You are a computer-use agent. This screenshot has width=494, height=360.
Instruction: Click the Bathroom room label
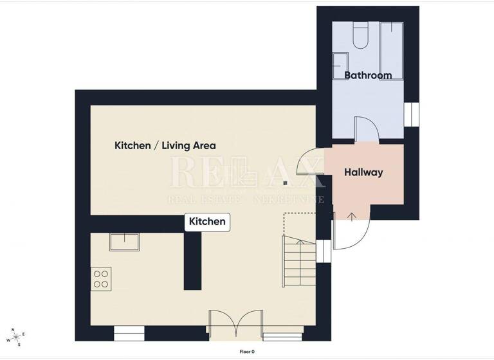(368, 75)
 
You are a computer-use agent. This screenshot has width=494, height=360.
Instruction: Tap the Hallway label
(363, 172)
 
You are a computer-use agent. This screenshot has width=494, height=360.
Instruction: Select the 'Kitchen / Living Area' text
(165, 145)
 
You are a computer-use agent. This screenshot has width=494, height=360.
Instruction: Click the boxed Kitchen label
(207, 222)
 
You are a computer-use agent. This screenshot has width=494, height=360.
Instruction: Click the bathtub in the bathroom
(390, 50)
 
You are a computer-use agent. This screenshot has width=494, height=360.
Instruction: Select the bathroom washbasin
(338, 64)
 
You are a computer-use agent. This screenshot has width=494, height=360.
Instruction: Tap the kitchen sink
(125, 242)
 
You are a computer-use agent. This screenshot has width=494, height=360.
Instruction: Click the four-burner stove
(101, 279)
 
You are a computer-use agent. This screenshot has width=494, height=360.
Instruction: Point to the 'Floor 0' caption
(247, 352)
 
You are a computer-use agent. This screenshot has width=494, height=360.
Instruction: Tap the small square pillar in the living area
(285, 183)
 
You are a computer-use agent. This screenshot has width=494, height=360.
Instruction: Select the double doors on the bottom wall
(235, 324)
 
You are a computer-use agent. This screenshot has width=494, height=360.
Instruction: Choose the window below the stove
(130, 334)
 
